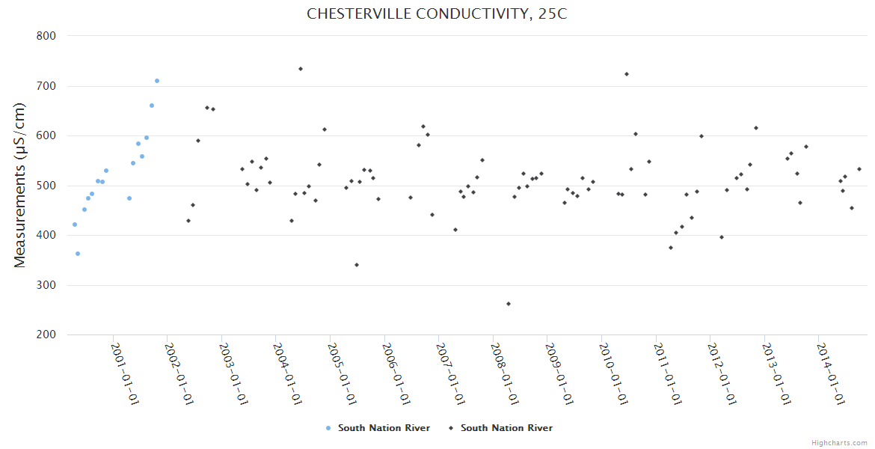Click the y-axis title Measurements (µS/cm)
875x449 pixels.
pyautogui.click(x=20, y=185)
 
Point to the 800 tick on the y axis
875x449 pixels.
pyautogui.click(x=48, y=36)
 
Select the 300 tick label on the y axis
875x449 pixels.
pyautogui.click(x=48, y=285)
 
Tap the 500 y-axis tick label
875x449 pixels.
pyautogui.click(x=48, y=186)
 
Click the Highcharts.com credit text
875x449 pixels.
pyautogui.click(x=839, y=442)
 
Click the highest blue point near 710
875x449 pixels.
pyautogui.click(x=157, y=81)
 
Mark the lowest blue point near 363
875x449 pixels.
pyautogui.click(x=78, y=254)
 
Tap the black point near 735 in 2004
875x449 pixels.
pyautogui.click(x=301, y=69)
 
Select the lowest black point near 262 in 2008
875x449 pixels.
pyautogui.click(x=509, y=304)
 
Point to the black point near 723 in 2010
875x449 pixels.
pyautogui.click(x=627, y=74)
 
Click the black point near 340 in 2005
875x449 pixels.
pyautogui.click(x=357, y=265)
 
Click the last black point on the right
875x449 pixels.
pyautogui.click(x=859, y=169)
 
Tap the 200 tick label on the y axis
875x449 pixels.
pyautogui.click(x=48, y=335)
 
